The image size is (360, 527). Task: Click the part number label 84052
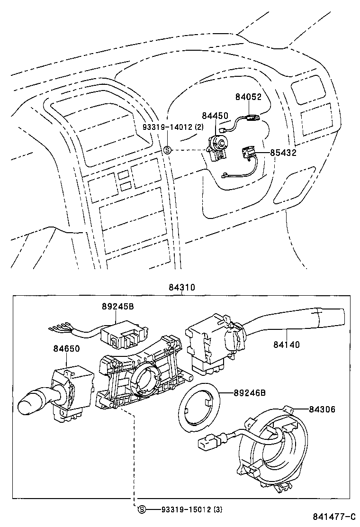coord(248,97)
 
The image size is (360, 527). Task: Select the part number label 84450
coord(215,116)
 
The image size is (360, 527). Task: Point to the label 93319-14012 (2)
coord(173,127)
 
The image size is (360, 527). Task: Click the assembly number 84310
coord(181,288)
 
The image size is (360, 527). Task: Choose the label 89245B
coord(117,307)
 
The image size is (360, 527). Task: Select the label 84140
coord(286,345)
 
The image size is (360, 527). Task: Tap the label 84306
coord(322,409)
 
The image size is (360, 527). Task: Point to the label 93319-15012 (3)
coord(191,509)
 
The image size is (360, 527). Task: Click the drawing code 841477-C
coord(333,517)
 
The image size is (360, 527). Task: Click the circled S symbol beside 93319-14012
coord(167,150)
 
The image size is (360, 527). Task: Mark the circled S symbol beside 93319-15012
coord(141,509)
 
